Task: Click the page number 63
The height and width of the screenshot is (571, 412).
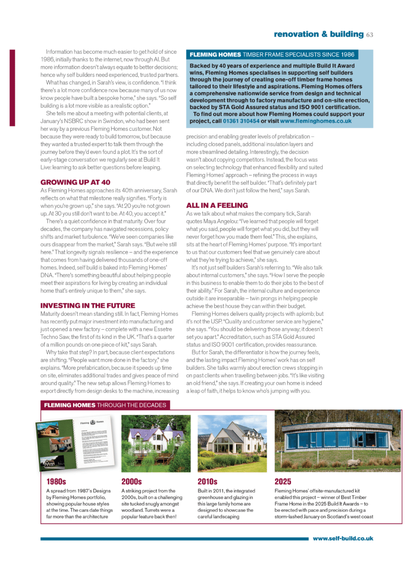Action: pos(370,34)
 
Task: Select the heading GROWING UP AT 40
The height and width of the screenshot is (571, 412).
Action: pos(75,182)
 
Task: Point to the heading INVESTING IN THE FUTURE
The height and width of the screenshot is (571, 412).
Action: pos(87,305)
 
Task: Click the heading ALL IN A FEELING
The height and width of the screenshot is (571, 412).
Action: pos(217,206)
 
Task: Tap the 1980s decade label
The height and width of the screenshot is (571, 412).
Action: pos(57,482)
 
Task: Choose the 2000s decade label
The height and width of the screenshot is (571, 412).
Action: pos(132,482)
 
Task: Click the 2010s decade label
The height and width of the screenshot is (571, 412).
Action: pos(207,482)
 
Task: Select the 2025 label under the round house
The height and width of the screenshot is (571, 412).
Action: pos(283,482)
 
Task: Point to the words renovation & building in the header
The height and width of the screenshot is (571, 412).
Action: pos(319,34)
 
